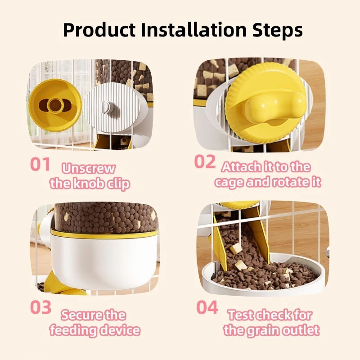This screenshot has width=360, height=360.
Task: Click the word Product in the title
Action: click(99, 30)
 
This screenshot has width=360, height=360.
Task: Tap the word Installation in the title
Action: click(193, 30)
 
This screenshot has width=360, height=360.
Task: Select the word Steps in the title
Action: click(277, 30)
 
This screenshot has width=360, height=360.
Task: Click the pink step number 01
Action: click(40, 164)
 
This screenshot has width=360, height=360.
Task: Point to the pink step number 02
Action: click(205, 162)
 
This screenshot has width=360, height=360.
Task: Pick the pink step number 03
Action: click(40, 307)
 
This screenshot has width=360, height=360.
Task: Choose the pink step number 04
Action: click(207, 307)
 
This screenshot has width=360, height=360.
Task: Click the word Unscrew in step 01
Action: click(88, 168)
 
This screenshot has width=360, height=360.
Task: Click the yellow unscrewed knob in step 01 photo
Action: click(55, 105)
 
